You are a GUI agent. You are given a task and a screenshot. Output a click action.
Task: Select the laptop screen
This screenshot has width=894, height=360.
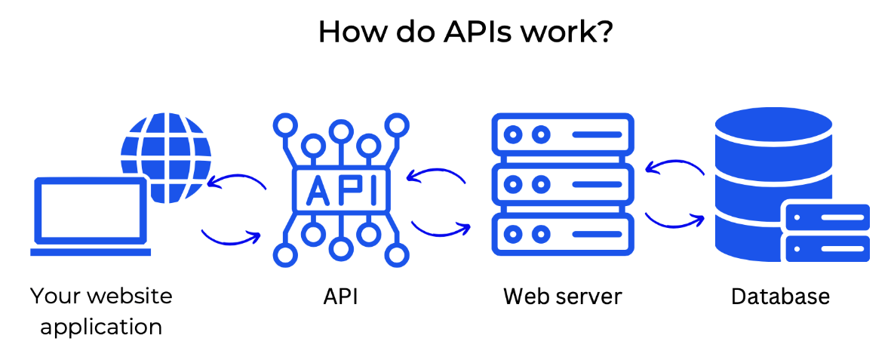coord(91,212)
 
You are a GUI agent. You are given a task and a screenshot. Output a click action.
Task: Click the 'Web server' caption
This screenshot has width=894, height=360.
coord(562,297)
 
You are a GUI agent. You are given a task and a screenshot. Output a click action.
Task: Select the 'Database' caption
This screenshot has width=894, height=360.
coord(780,297)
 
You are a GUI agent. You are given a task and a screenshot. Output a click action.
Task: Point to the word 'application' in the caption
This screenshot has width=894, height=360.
coord(101,327)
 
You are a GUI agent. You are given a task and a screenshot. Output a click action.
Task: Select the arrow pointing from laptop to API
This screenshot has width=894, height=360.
coord(230,237)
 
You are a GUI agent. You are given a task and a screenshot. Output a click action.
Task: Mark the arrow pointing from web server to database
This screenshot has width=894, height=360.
coord(674,220)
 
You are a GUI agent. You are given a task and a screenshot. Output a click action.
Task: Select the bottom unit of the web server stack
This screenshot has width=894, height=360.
coord(562,232)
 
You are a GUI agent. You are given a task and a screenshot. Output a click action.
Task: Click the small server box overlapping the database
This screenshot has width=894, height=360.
coord(828,232)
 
